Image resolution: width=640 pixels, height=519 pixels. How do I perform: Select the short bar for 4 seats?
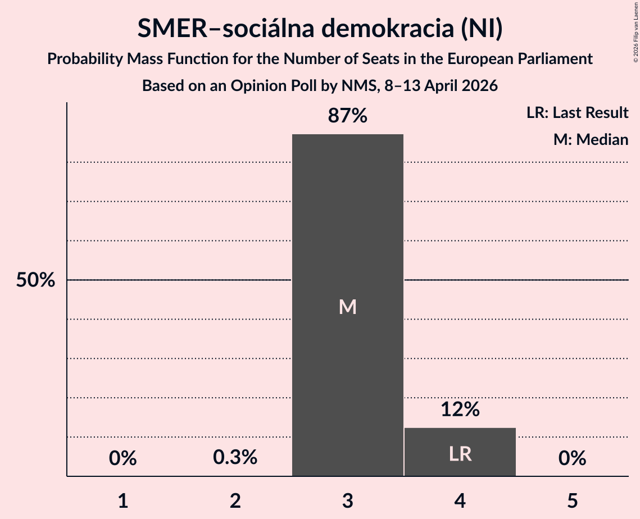pos(460,444)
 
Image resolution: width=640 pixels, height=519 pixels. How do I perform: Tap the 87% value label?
pos(347,116)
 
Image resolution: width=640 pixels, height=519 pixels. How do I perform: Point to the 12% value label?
pos(460,409)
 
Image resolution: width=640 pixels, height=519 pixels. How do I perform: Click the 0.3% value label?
pos(235,458)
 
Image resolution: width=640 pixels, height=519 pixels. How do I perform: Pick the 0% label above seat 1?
pos(122,458)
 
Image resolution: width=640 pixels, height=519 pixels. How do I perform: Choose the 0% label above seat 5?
pos(572,458)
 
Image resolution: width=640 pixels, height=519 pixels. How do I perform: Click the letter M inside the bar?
pos(347,307)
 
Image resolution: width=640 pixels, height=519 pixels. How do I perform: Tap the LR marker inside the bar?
pos(460,454)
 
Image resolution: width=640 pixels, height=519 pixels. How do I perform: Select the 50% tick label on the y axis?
pos(35,280)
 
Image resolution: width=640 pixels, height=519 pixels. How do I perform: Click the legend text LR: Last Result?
pos(577,113)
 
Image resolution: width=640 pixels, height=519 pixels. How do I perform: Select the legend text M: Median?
pos(591,139)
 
